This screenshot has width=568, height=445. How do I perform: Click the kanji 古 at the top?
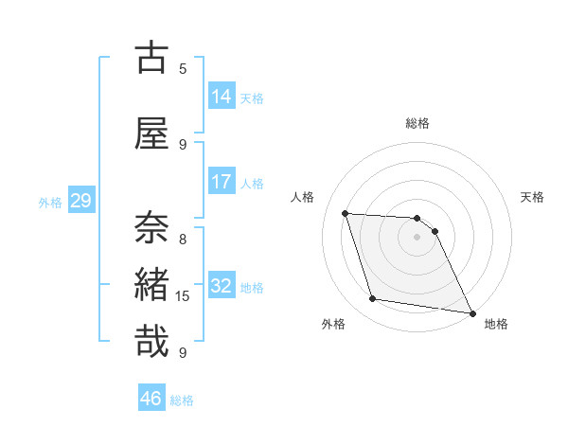[151, 58]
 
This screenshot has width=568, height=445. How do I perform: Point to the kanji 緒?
[151, 285]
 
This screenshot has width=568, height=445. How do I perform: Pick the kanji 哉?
[151, 341]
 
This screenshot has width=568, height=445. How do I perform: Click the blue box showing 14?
[222, 97]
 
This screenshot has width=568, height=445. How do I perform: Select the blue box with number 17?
[222, 182]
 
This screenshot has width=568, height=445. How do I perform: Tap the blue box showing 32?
[222, 286]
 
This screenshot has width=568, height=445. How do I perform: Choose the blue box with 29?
[80, 201]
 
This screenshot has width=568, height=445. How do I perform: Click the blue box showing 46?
[151, 399]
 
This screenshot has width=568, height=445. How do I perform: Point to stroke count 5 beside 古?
[183, 69]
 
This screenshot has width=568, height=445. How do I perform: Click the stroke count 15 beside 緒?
[183, 296]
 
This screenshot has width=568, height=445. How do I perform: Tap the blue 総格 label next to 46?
[182, 400]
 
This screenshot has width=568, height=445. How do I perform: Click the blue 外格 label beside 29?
[50, 202]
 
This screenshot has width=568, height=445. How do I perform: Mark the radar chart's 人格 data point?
[346, 213]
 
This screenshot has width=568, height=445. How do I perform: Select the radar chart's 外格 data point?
[373, 299]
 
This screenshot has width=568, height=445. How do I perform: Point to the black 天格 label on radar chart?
[532, 197]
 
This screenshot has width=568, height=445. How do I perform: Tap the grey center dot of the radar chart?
[417, 237]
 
